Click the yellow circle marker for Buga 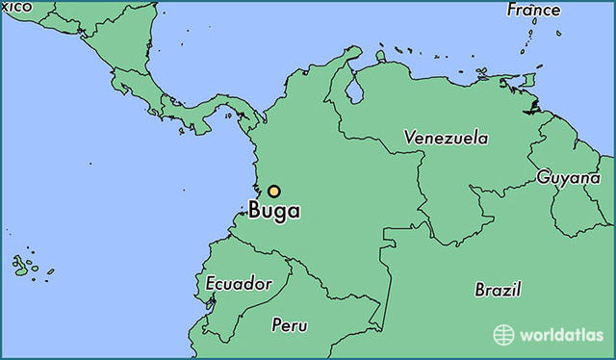coord(274,192)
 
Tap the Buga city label coord(274,211)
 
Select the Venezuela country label coord(446,138)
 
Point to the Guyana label coord(569,177)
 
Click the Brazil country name coord(498,289)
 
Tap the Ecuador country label coord(239,284)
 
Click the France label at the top coord(533,11)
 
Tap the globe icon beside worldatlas coord(503,335)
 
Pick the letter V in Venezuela coord(410,138)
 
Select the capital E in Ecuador coord(212,285)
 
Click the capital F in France coord(513,11)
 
